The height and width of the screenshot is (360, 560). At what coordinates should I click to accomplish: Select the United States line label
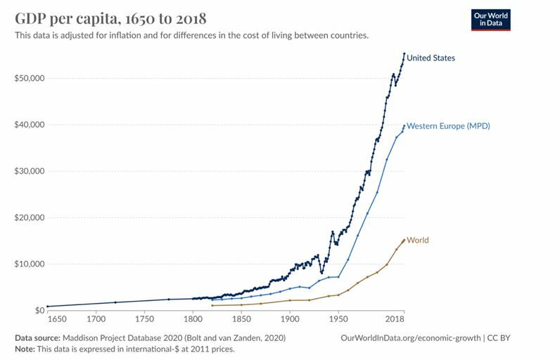(431, 58)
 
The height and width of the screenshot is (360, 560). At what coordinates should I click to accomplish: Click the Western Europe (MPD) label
(448, 126)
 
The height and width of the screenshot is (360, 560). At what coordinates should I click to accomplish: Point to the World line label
(417, 240)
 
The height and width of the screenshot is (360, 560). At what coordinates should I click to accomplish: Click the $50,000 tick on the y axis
(29, 78)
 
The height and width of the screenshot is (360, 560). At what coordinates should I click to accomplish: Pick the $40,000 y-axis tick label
(29, 124)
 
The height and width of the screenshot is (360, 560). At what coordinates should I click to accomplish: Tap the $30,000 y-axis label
(29, 171)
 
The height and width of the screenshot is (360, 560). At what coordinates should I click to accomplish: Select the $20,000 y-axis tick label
(29, 217)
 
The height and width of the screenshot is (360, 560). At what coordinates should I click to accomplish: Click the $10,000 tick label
(29, 264)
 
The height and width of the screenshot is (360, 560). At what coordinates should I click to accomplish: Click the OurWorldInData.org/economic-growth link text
(410, 338)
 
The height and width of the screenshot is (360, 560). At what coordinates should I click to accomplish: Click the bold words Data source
(38, 338)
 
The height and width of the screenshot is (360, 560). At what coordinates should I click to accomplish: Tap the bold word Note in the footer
(25, 349)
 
